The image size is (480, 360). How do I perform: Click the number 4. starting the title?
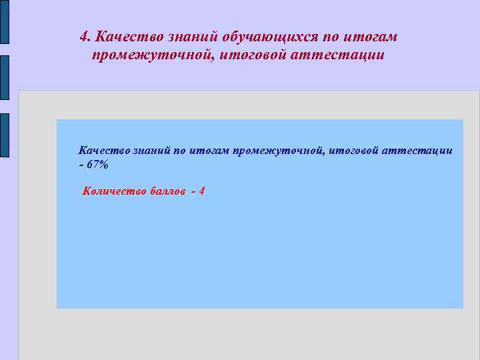click(85, 36)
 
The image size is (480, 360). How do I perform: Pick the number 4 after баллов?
click(201, 191)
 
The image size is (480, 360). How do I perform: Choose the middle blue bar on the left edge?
click(4, 77)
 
